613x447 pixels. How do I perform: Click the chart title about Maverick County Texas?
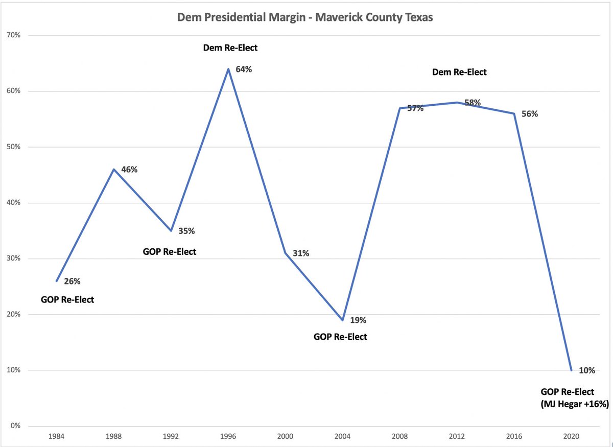305,17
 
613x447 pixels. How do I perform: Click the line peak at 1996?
228,69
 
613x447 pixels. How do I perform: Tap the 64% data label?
243,69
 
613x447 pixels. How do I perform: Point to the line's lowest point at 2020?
571,370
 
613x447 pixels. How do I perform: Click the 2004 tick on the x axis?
342,438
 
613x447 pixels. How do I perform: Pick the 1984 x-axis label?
56,438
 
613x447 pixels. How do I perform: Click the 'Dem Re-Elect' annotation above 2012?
459,73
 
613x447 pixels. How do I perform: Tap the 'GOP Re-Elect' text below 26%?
67,299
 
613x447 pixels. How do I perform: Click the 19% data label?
358,320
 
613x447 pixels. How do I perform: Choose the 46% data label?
129,170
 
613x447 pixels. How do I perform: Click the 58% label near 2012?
473,103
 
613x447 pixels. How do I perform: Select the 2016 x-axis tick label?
514,438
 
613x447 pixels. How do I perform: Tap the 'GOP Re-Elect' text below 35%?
170,251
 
